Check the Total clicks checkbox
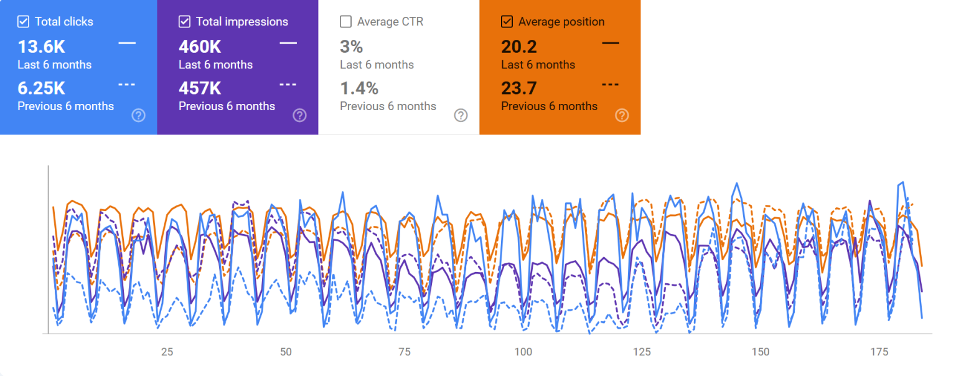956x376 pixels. (x=23, y=22)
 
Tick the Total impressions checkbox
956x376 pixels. (x=184, y=22)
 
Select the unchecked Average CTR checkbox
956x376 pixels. (x=345, y=22)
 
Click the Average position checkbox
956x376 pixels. (x=507, y=22)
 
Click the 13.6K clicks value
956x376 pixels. (x=41, y=47)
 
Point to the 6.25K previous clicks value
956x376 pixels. (x=41, y=88)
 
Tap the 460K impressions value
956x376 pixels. (x=200, y=47)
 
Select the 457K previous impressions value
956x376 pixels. (x=200, y=88)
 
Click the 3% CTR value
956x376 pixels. (x=351, y=47)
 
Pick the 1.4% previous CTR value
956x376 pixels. (x=359, y=88)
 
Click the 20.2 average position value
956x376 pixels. (x=518, y=47)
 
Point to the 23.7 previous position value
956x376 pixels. (x=518, y=88)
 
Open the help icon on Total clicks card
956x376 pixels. (x=138, y=115)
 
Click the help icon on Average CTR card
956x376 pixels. (x=461, y=115)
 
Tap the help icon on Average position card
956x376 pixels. (x=622, y=115)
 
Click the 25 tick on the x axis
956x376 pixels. (x=167, y=352)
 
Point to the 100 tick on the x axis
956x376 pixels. (x=523, y=352)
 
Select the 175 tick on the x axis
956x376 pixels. (x=879, y=352)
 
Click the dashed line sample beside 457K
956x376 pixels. (x=288, y=85)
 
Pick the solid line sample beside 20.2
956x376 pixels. (x=611, y=43)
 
